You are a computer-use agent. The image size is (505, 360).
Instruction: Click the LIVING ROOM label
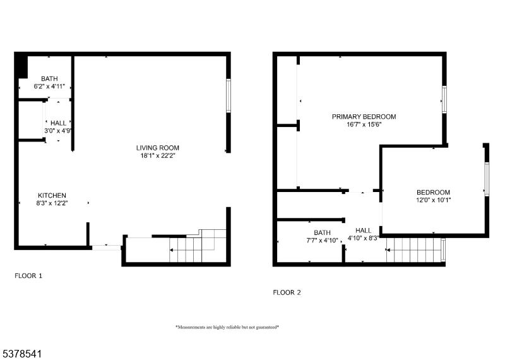click(157, 148)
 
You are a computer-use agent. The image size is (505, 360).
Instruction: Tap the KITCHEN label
click(52, 196)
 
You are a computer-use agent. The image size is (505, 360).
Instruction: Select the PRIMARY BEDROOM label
click(364, 117)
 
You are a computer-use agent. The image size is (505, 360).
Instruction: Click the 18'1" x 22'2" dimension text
click(157, 156)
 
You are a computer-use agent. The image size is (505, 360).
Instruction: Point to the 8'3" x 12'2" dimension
click(52, 203)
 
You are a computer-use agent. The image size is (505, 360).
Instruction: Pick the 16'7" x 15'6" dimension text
click(364, 124)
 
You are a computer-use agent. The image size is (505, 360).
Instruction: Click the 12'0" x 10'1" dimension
click(433, 200)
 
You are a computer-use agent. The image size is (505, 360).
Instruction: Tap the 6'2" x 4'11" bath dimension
click(49, 87)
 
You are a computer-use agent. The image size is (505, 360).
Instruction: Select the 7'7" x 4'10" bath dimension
click(322, 241)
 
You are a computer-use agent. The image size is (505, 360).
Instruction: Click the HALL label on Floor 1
click(58, 123)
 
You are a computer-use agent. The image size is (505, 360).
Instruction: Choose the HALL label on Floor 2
click(364, 231)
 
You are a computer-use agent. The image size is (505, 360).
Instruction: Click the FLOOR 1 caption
click(28, 276)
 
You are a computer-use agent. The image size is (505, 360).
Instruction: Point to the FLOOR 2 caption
click(287, 292)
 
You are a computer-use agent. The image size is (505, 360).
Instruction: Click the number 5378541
click(21, 354)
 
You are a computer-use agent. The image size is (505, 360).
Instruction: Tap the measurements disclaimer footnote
click(227, 327)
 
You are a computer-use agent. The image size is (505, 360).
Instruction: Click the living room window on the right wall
click(229, 96)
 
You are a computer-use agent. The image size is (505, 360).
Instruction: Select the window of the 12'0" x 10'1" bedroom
click(487, 179)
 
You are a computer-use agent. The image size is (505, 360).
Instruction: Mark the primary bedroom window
click(444, 100)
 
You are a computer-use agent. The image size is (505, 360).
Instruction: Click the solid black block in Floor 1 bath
click(22, 67)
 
